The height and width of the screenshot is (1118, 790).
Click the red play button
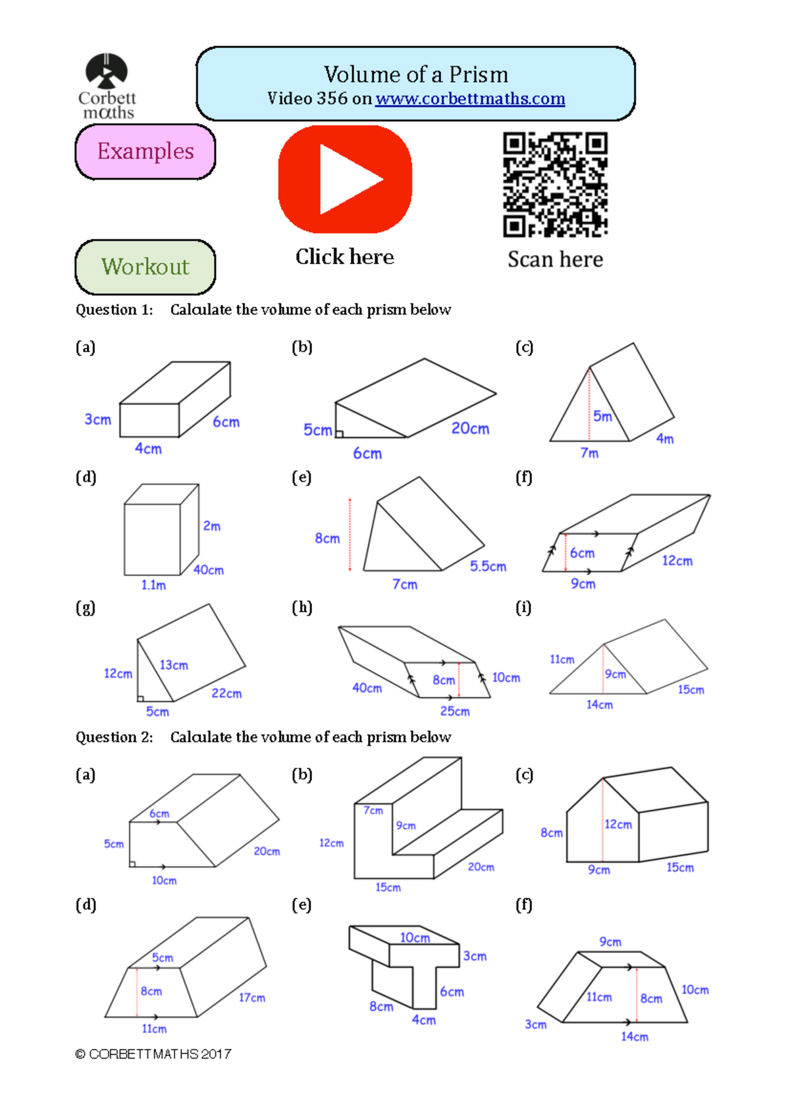click(345, 179)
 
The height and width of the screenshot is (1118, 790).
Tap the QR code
click(555, 184)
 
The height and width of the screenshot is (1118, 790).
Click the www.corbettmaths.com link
click(470, 99)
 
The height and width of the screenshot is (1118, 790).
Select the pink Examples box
click(145, 151)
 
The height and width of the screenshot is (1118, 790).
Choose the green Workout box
click(145, 267)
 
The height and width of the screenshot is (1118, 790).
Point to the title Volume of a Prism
click(415, 74)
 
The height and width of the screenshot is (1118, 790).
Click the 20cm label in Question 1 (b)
click(470, 429)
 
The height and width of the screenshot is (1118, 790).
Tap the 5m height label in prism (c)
click(602, 416)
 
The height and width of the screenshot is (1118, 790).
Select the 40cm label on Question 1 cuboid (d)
click(209, 570)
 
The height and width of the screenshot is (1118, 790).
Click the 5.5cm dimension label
click(488, 566)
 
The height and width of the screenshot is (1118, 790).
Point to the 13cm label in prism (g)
click(174, 665)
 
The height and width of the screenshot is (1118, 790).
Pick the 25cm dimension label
click(455, 711)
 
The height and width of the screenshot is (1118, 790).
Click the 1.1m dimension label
click(153, 585)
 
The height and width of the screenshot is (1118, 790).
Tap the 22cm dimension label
click(226, 693)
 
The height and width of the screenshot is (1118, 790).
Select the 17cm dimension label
click(251, 998)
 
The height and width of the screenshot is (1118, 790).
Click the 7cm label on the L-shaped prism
click(373, 811)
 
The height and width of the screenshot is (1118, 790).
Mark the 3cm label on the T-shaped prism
click(475, 956)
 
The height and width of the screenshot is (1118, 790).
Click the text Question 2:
click(114, 737)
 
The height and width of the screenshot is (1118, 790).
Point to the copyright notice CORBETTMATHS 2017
click(153, 1054)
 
